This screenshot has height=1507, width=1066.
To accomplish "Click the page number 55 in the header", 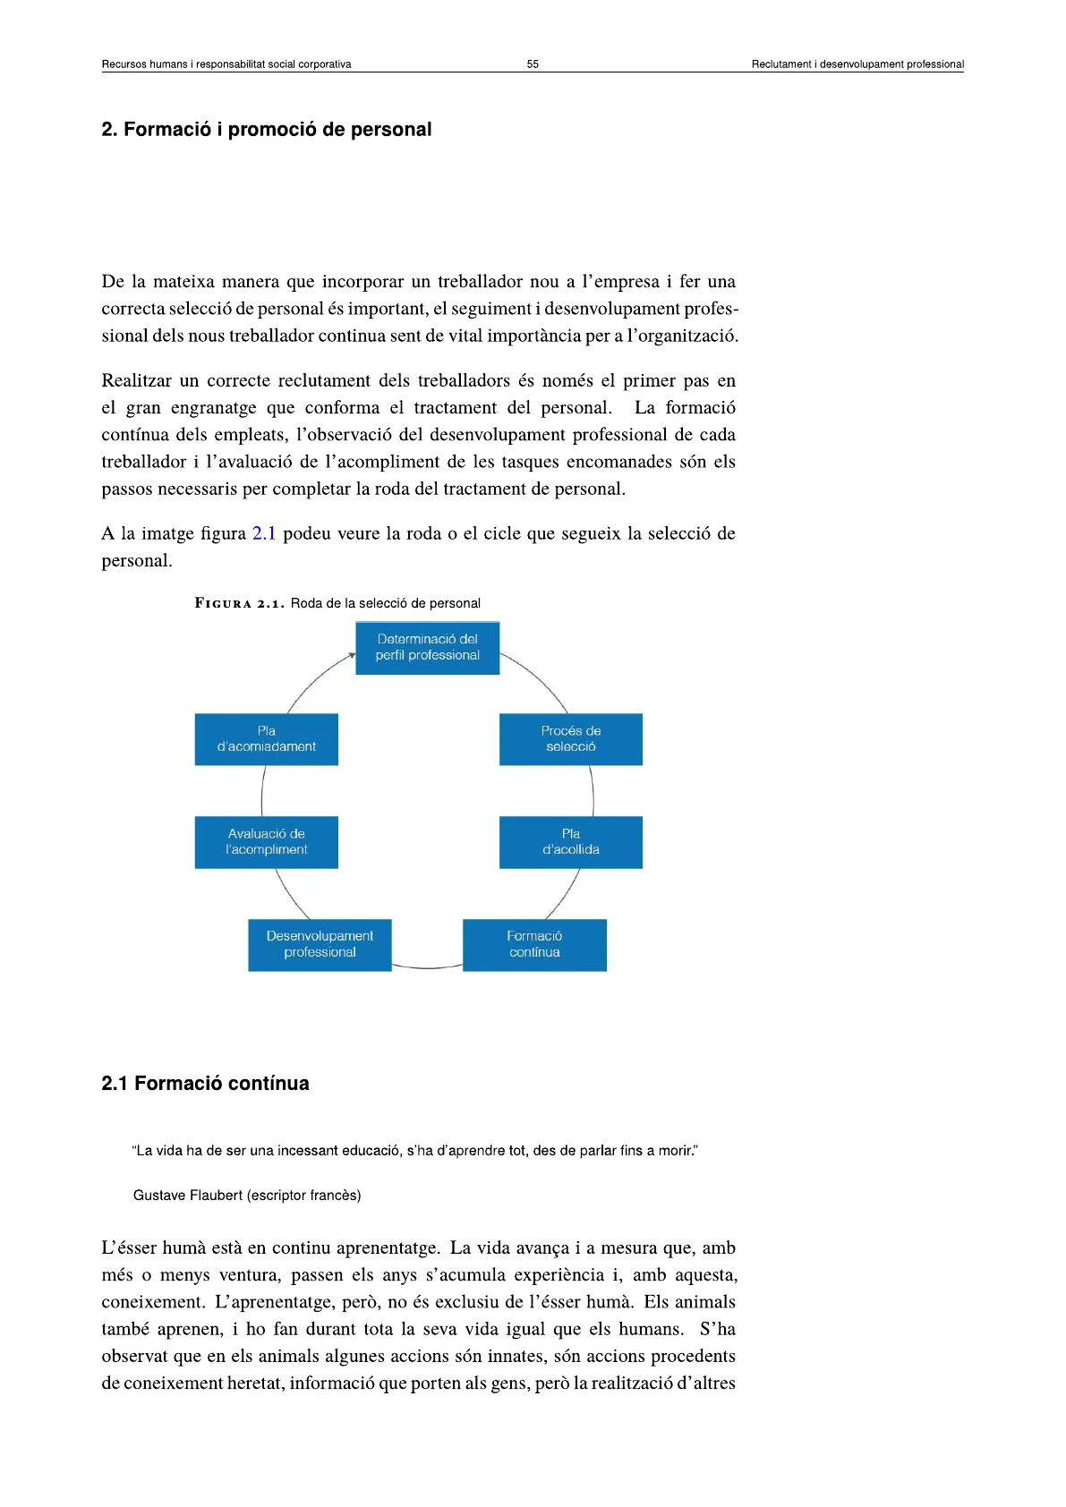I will point(533,64).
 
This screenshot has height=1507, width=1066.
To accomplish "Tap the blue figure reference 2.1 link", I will point(264,534).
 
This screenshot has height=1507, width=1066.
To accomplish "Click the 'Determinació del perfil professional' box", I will point(427,648).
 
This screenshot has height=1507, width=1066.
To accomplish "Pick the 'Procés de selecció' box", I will point(570,739).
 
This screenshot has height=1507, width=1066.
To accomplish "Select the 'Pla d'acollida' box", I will point(570,842).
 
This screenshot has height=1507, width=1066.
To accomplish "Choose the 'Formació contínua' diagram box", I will point(534,945).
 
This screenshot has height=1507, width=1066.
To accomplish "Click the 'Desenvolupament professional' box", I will point(320,945).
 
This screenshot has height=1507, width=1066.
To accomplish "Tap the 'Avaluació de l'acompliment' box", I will point(266,842).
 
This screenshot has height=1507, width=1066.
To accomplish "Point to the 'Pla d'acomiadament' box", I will point(266,739).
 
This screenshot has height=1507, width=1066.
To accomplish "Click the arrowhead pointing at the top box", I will point(352,656).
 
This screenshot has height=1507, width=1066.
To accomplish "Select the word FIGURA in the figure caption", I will point(224,604).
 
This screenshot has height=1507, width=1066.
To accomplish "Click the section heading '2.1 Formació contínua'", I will point(205,1084).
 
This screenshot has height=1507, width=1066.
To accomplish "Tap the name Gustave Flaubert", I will point(188,1196).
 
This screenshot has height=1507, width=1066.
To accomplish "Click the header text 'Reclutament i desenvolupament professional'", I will point(857,64).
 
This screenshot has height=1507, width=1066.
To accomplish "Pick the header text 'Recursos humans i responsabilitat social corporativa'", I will point(226,64).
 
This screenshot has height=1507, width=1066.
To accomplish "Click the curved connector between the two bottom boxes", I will point(427,967).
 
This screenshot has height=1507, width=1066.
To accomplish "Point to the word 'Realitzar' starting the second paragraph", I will point(136,381).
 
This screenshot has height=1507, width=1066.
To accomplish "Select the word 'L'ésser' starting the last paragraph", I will point(128,1248).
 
